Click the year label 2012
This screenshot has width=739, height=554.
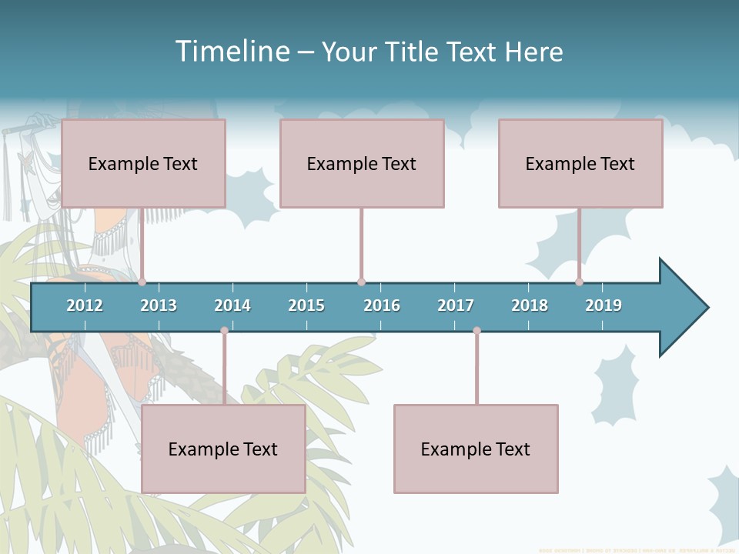85,305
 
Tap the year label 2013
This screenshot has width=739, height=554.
159,305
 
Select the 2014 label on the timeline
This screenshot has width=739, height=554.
232,305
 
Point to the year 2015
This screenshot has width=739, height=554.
306,305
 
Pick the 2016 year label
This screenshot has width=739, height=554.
382,305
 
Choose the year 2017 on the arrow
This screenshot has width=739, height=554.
456,305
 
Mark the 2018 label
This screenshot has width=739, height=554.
530,305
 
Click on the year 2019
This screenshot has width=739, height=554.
604,305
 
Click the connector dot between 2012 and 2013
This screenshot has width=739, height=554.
142,282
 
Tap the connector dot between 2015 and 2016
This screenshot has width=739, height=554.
361,282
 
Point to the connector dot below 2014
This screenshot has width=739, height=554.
224,331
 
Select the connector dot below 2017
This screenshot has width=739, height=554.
477,331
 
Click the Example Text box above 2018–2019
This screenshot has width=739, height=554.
580,163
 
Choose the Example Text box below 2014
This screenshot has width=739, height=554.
223,449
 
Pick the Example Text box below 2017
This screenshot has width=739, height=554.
476,449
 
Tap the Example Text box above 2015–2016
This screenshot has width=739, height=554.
362,163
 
